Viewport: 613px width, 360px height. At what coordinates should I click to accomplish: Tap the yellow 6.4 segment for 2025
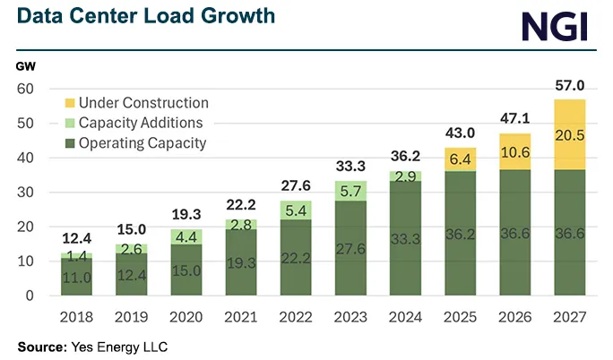click(459, 159)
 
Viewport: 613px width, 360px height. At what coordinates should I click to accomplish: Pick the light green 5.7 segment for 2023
click(350, 191)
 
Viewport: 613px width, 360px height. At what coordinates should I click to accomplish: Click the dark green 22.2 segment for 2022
click(295, 258)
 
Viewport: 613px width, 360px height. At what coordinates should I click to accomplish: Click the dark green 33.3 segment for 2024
click(404, 239)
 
